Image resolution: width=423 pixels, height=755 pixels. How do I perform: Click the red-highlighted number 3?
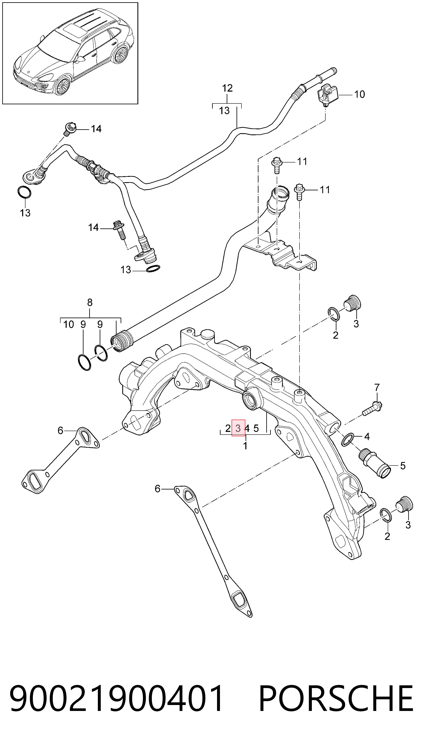pyautogui.click(x=238, y=428)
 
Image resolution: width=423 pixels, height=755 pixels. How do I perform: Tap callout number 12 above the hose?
pyautogui.click(x=227, y=88)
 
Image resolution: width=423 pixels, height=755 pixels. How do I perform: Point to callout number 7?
pyautogui.click(x=377, y=387)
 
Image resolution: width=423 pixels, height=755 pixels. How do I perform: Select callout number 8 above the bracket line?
pyautogui.click(x=90, y=302)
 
